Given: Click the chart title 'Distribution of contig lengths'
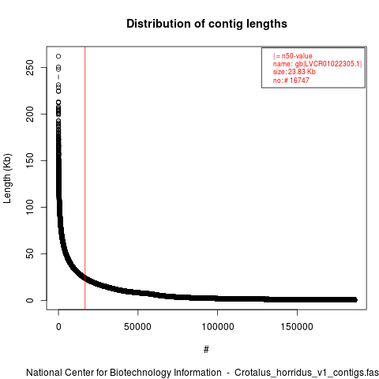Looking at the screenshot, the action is pyautogui.click(x=207, y=24).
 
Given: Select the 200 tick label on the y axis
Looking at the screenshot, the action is pyautogui.click(x=30, y=114).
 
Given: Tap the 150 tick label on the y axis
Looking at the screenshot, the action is pyautogui.click(x=30, y=160).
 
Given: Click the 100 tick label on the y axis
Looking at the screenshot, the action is pyautogui.click(x=30, y=207).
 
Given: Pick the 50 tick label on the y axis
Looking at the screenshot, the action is pyautogui.click(x=30, y=253).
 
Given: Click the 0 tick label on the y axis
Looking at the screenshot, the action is pyautogui.click(x=30, y=300).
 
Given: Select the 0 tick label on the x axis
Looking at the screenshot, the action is pyautogui.click(x=58, y=327).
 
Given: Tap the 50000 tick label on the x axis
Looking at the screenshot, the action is pyautogui.click(x=137, y=327).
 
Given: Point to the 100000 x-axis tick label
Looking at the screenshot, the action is pyautogui.click(x=218, y=327).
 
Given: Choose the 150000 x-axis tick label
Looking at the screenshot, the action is pyautogui.click(x=297, y=327).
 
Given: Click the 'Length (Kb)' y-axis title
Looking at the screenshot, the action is pyautogui.click(x=7, y=178).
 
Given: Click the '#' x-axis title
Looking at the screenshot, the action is pyautogui.click(x=206, y=350).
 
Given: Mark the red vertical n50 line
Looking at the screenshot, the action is pyautogui.click(x=85, y=178).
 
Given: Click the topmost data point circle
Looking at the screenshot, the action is pyautogui.click(x=58, y=56).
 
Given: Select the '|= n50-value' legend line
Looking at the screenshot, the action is pyautogui.click(x=293, y=56).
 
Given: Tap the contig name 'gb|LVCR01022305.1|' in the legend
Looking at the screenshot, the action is pyautogui.click(x=328, y=64).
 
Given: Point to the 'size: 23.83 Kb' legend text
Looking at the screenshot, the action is pyautogui.click(x=295, y=72).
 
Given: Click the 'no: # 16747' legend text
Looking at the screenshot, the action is pyautogui.click(x=291, y=81).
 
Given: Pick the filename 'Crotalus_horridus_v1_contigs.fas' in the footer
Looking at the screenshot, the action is pyautogui.click(x=306, y=373).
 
